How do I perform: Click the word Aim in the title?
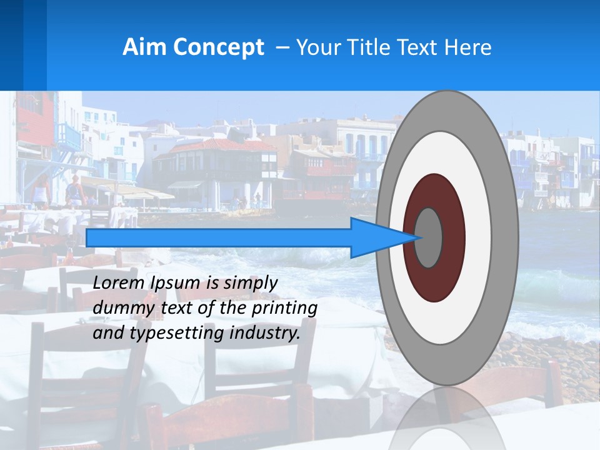pyautogui.click(x=144, y=47)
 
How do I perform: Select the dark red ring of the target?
pyautogui.click(x=453, y=237)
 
